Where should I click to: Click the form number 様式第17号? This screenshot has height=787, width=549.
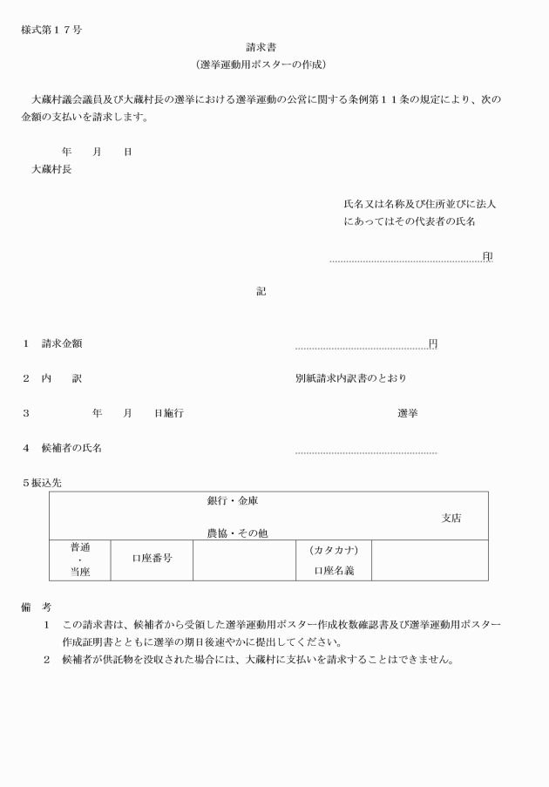[51, 31]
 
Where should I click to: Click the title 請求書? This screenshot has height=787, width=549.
[261, 48]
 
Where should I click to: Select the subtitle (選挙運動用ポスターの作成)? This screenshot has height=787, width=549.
[261, 65]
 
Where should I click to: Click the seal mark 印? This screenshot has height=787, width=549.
[487, 256]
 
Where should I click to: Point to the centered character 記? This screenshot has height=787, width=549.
[261, 291]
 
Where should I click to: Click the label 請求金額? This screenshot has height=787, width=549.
[62, 343]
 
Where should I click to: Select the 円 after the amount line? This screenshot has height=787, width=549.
[433, 343]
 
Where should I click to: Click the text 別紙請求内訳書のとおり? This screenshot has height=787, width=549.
[350, 378]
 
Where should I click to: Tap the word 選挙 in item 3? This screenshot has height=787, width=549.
[407, 413]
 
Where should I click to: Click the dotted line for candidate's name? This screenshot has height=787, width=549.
[366, 452]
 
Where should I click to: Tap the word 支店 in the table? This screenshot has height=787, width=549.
[451, 518]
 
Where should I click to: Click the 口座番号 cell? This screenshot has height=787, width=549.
[152, 559]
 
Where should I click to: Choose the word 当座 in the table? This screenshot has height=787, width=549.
[80, 572]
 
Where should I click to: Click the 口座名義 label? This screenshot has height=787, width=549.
[334, 572]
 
